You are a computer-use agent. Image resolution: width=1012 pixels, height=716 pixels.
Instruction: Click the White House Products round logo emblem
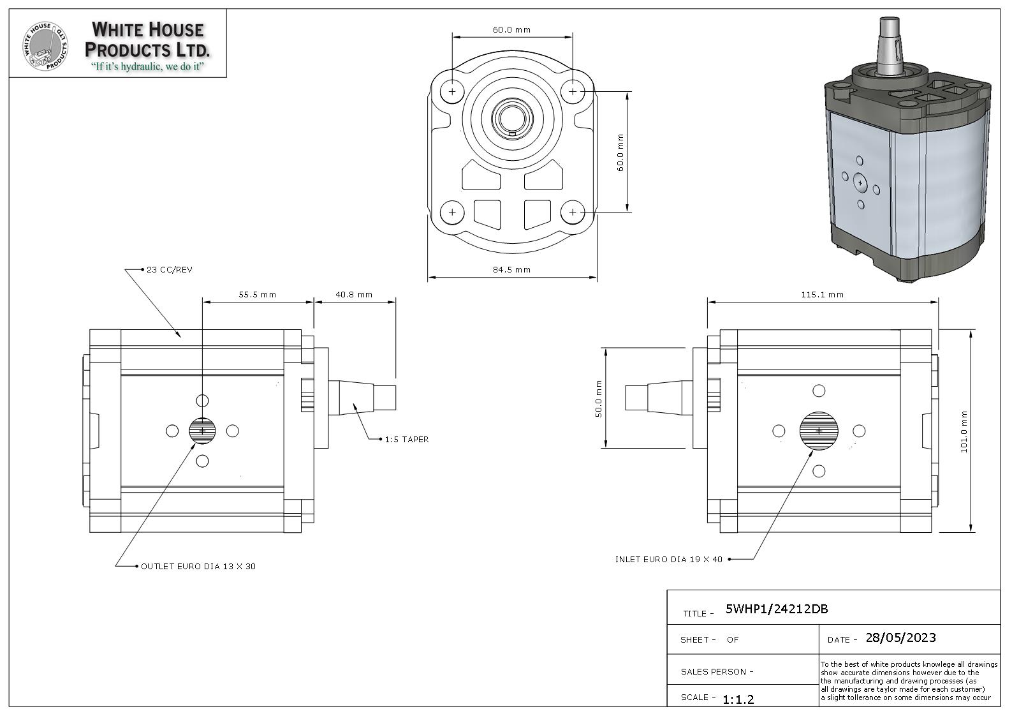[x=45, y=46]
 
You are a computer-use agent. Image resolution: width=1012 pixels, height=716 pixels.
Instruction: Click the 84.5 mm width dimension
[x=511, y=269]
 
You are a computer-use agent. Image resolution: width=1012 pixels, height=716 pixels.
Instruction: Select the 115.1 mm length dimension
[x=822, y=294]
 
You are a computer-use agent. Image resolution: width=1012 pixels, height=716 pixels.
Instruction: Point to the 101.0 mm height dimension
[x=964, y=431]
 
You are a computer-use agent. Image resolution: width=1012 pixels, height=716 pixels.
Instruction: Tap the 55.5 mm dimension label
[x=258, y=294]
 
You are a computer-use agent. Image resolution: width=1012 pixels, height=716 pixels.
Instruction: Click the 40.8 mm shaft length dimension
[x=354, y=294]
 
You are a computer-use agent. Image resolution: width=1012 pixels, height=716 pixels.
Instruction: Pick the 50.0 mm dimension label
[x=598, y=399]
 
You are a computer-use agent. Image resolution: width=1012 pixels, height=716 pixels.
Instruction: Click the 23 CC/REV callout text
[x=170, y=269]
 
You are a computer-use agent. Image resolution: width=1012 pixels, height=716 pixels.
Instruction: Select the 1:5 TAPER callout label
[x=407, y=439]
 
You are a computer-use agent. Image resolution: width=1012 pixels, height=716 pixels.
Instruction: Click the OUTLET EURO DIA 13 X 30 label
[x=198, y=566]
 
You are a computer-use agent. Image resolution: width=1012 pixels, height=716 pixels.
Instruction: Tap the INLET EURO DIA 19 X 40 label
[x=669, y=559]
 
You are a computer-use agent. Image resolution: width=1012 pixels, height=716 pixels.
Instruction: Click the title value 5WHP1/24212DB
[x=777, y=609]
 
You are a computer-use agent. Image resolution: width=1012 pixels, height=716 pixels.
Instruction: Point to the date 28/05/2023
[x=900, y=638]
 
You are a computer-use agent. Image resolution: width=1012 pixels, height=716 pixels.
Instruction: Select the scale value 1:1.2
[x=738, y=699]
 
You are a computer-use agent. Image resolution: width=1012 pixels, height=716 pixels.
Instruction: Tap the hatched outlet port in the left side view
[x=203, y=431]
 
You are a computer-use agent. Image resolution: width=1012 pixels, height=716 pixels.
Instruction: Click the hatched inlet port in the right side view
[x=819, y=431]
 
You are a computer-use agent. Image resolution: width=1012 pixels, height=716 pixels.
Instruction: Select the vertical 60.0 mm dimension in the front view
[x=620, y=152]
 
